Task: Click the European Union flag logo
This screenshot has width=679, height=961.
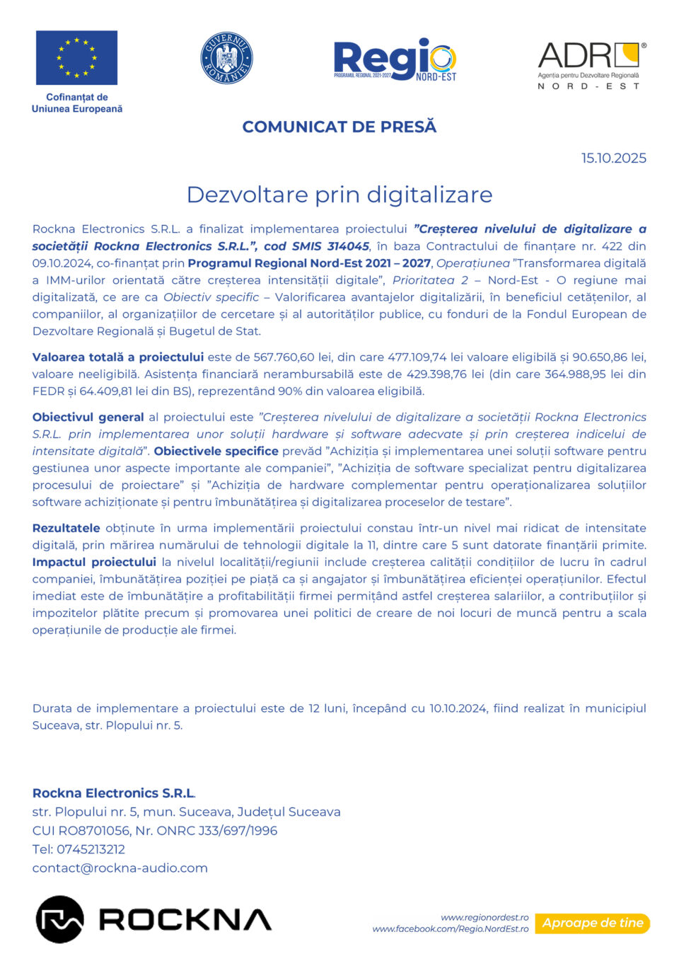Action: point(76,57)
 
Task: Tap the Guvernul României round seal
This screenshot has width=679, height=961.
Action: point(226,58)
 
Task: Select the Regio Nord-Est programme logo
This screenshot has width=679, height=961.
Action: point(395,59)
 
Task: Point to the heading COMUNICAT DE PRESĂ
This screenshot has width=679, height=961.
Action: point(339,127)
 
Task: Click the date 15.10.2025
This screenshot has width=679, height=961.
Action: point(613,158)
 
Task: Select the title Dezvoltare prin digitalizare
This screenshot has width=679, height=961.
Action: point(339,195)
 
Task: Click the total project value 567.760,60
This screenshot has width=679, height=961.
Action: point(284,357)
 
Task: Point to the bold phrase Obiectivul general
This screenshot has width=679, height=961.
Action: point(88,418)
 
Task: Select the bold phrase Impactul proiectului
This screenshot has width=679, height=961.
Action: point(94,562)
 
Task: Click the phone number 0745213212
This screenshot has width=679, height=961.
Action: point(91,849)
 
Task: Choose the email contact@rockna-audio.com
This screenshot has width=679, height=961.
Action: point(120,868)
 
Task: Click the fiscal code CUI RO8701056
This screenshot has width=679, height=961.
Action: point(81,831)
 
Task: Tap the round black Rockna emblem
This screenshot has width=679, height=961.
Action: point(59,919)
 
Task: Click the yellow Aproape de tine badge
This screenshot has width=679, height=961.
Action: point(593,923)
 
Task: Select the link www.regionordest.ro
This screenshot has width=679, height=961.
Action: point(484,917)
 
